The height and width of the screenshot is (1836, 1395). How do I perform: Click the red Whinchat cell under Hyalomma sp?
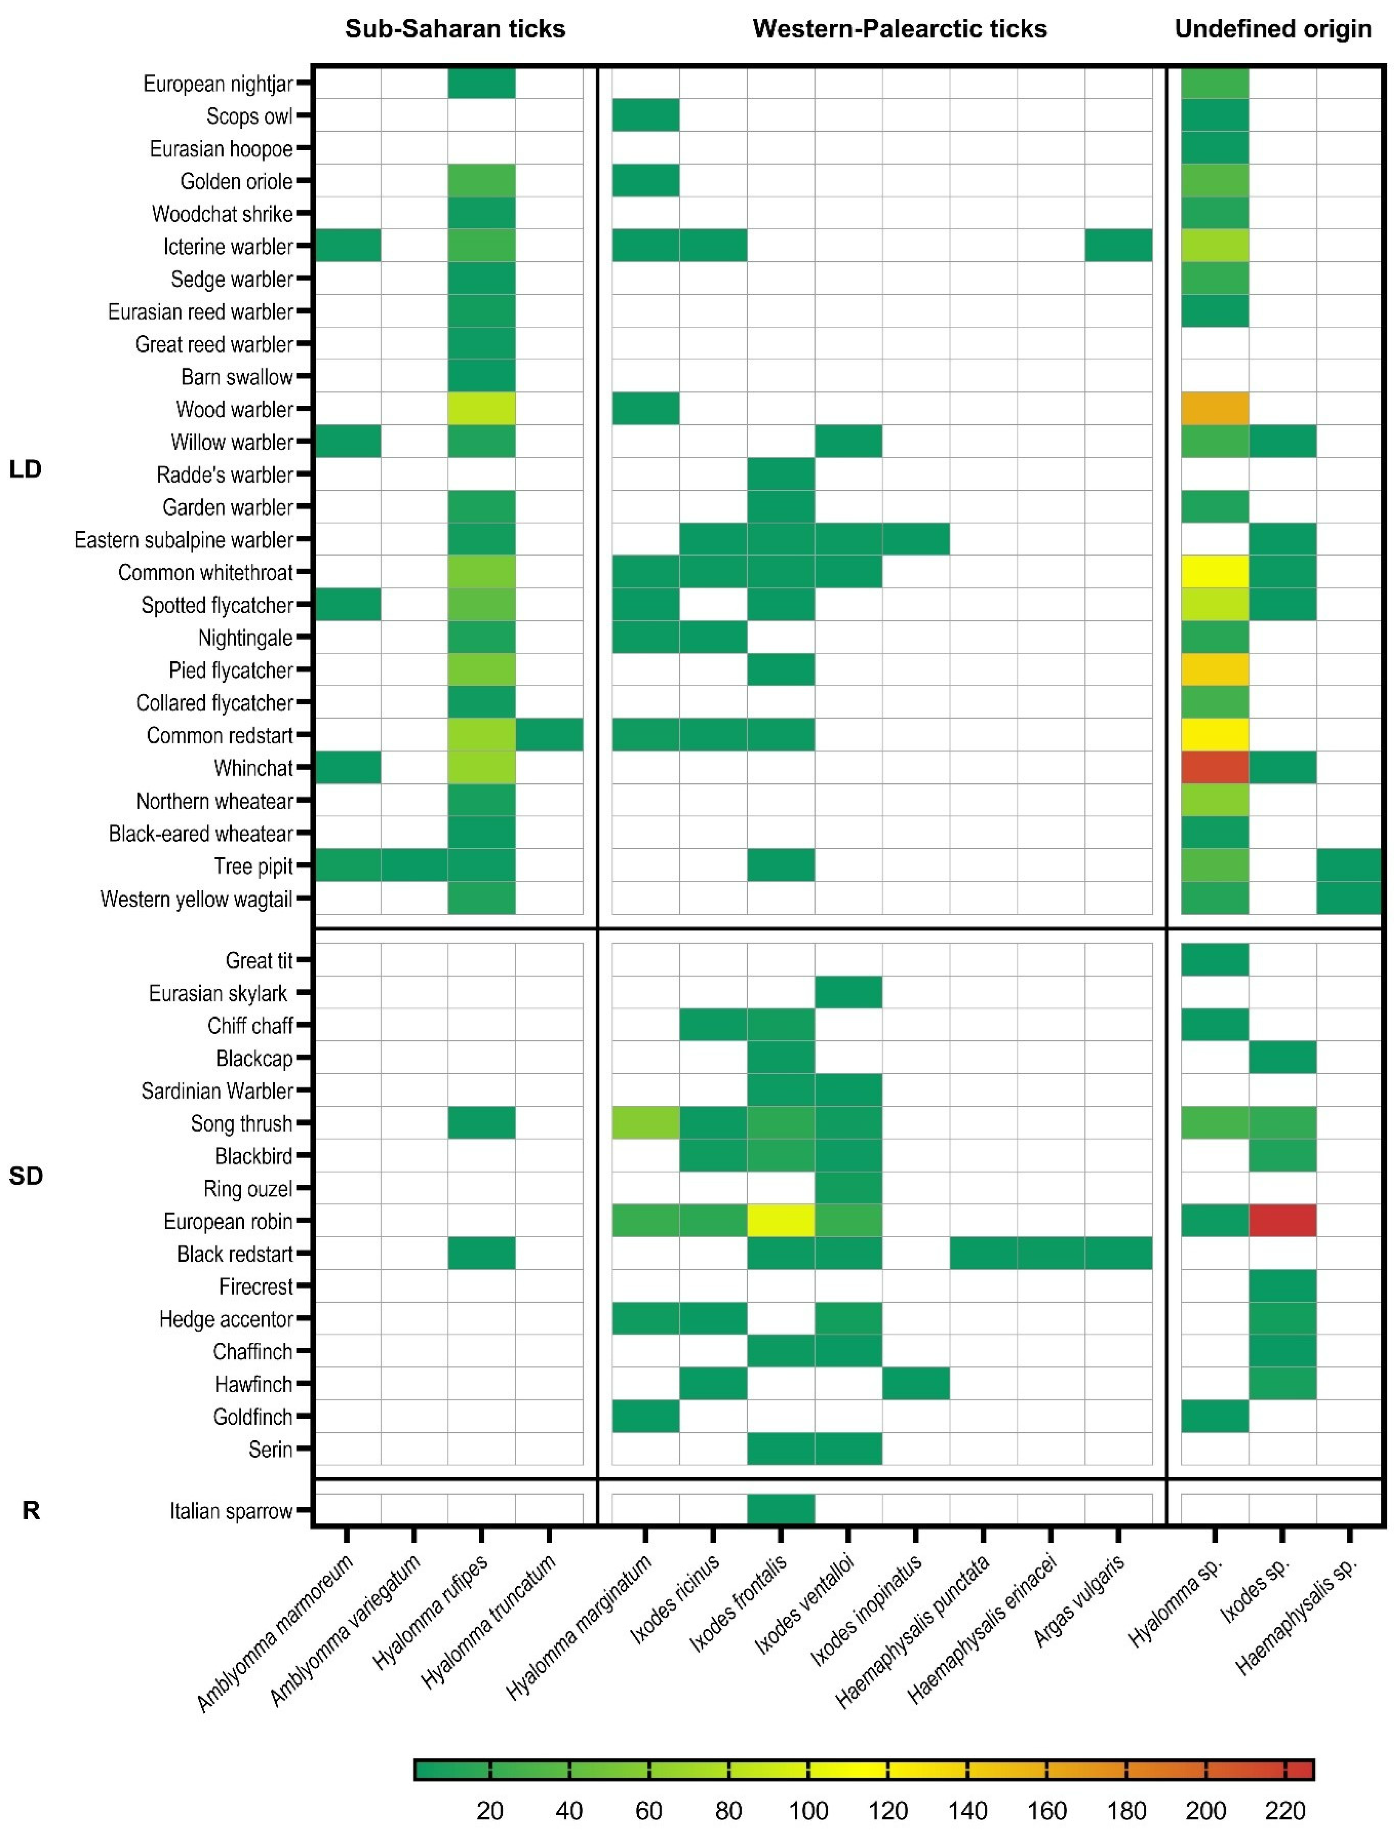click(1215, 767)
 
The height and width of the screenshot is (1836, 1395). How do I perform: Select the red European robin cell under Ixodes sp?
click(1282, 1221)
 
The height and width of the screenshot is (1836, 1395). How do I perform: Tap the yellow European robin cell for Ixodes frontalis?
click(781, 1221)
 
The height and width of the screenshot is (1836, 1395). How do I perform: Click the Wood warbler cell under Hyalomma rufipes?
click(482, 408)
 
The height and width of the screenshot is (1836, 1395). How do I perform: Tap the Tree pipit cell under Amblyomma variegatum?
click(415, 865)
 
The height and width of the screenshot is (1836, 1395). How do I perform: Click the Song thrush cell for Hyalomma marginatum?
click(645, 1124)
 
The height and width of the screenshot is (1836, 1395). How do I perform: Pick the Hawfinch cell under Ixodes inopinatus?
click(916, 1383)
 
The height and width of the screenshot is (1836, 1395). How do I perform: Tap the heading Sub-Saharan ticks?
click(455, 29)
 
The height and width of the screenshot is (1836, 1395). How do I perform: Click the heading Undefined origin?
click(1272, 29)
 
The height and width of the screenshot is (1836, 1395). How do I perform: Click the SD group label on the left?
click(26, 1175)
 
